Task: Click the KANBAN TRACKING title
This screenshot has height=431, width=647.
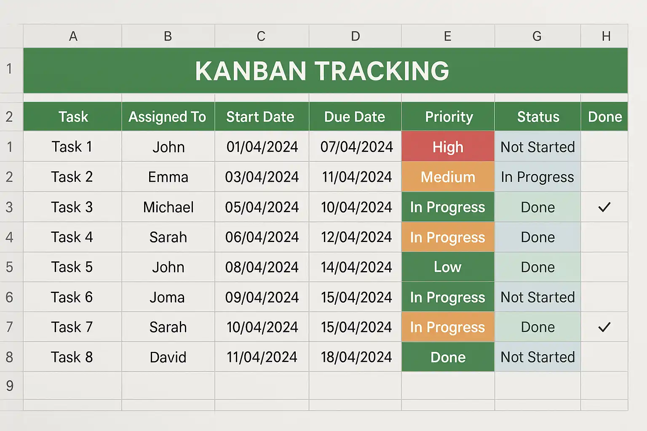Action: point(322,71)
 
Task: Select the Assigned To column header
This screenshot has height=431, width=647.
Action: point(168,117)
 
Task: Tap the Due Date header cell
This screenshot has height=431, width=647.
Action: point(355,117)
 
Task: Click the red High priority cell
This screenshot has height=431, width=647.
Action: point(448,146)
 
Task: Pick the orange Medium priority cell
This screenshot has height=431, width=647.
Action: point(448,177)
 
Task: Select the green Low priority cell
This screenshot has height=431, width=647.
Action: point(448,267)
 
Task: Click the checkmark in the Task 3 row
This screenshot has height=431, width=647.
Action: point(604,207)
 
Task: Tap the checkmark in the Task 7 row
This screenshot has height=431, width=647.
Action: point(604,327)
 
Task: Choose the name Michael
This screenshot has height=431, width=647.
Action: point(168,207)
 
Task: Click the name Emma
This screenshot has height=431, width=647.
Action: point(168,177)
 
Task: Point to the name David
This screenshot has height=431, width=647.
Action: point(168,357)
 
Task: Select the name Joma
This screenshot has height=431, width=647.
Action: point(167,297)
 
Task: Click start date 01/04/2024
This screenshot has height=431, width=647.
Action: point(262,146)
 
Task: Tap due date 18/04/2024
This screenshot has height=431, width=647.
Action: point(356,357)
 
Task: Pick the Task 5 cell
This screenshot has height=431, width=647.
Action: point(72,267)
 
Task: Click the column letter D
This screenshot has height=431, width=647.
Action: point(356,36)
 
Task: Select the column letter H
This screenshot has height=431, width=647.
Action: point(606,36)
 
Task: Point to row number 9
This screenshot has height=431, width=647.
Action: point(10,386)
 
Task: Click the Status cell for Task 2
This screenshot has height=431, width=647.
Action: point(537,177)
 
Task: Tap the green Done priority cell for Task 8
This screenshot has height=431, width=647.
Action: point(448,357)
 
